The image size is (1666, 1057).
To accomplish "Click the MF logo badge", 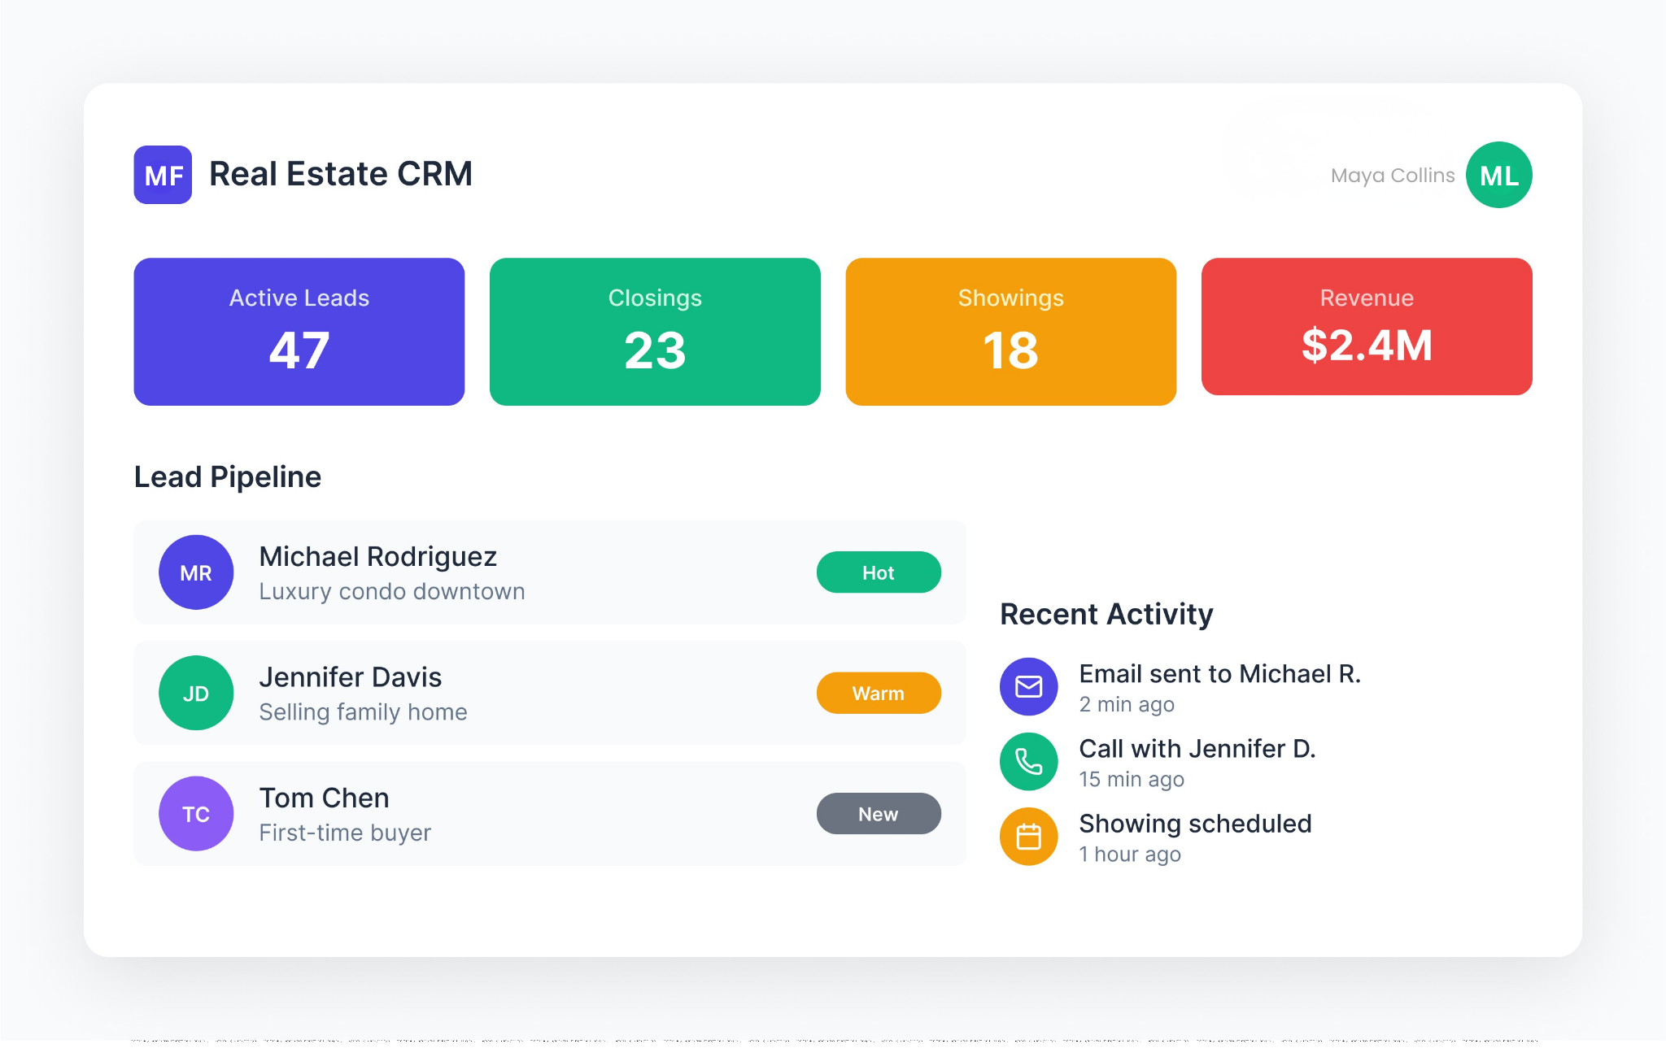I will pyautogui.click(x=163, y=175).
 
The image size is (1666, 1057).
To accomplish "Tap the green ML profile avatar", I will pyautogui.click(x=1498, y=175).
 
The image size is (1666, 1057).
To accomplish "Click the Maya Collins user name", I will pyautogui.click(x=1392, y=176).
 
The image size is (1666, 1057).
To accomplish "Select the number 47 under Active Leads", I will pyautogui.click(x=299, y=350).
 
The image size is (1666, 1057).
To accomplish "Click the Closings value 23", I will pyautogui.click(x=655, y=350).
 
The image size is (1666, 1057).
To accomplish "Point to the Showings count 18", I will pyautogui.click(x=1010, y=350).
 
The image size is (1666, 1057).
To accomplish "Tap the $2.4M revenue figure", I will pyautogui.click(x=1367, y=346).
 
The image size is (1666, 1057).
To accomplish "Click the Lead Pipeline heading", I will pyautogui.click(x=228, y=477).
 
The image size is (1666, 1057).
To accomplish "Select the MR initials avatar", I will pyautogui.click(x=196, y=572).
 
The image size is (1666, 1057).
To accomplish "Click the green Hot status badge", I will pyautogui.click(x=879, y=572).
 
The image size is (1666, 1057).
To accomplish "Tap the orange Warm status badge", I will pyautogui.click(x=879, y=693).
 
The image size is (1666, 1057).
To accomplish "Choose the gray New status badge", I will pyautogui.click(x=879, y=814).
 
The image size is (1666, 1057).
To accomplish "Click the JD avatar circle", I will pyautogui.click(x=196, y=693).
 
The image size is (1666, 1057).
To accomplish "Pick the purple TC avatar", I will pyautogui.click(x=196, y=814).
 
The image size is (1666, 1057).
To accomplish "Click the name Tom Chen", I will pyautogui.click(x=324, y=798).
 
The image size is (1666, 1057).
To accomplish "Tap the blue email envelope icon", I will pyautogui.click(x=1028, y=687).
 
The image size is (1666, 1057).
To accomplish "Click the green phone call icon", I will pyautogui.click(x=1028, y=762).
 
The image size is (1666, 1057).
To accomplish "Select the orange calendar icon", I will pyautogui.click(x=1028, y=837).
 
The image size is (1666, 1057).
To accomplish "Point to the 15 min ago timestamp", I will pyautogui.click(x=1131, y=779).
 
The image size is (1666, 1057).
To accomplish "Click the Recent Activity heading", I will pyautogui.click(x=1106, y=615).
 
